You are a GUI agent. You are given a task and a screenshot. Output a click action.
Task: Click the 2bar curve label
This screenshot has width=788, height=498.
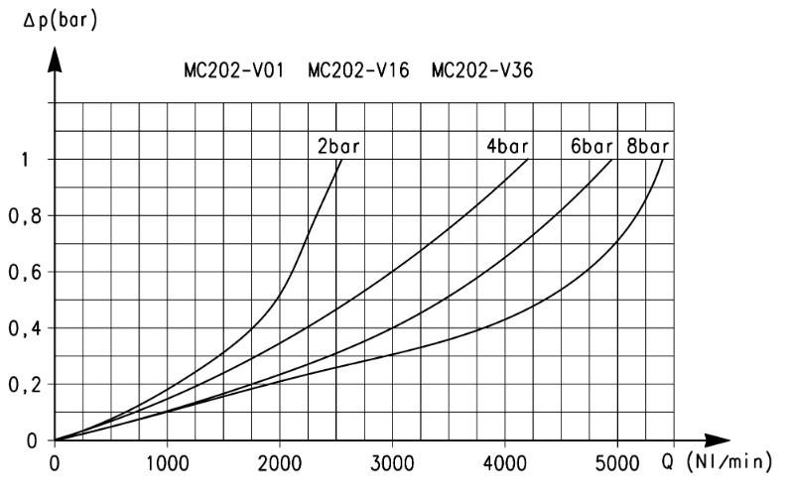coord(338,146)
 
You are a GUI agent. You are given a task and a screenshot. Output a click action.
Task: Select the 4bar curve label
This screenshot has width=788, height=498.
coord(507,146)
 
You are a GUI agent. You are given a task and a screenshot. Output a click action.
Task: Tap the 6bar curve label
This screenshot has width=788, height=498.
coord(591,146)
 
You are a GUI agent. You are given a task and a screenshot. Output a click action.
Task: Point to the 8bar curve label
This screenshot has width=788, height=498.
coord(648,146)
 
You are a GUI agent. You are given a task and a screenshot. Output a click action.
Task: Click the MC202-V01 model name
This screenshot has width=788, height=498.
coord(234,70)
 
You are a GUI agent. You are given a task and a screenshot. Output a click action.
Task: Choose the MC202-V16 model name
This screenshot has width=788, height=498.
coord(359,70)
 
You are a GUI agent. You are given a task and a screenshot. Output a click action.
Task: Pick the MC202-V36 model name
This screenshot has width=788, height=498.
coord(482,70)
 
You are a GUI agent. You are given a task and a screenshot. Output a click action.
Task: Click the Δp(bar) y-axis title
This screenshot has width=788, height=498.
coord(61,21)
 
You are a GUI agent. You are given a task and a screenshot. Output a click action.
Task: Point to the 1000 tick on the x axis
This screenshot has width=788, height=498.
coord(168,463)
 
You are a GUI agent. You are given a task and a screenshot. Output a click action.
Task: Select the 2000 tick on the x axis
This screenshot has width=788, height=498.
coord(280,463)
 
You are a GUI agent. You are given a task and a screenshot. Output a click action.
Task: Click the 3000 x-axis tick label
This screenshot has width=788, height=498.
coord(392,463)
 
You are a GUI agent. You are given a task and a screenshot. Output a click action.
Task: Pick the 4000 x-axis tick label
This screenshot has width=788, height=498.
coord(505,463)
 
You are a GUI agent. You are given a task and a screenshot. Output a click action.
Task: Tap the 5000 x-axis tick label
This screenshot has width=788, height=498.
coord(617,463)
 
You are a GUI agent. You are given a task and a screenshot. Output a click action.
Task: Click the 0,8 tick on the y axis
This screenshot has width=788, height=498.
coord(25,217)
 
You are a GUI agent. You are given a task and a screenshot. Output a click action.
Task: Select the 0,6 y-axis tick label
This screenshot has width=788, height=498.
coord(25,274)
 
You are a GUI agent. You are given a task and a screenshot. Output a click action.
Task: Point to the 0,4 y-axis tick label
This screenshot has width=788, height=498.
coord(25,329)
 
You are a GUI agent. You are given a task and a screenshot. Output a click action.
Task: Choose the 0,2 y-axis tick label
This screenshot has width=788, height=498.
coord(25,386)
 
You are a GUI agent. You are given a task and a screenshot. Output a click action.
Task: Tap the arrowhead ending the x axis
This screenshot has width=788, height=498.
coord(717,440)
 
